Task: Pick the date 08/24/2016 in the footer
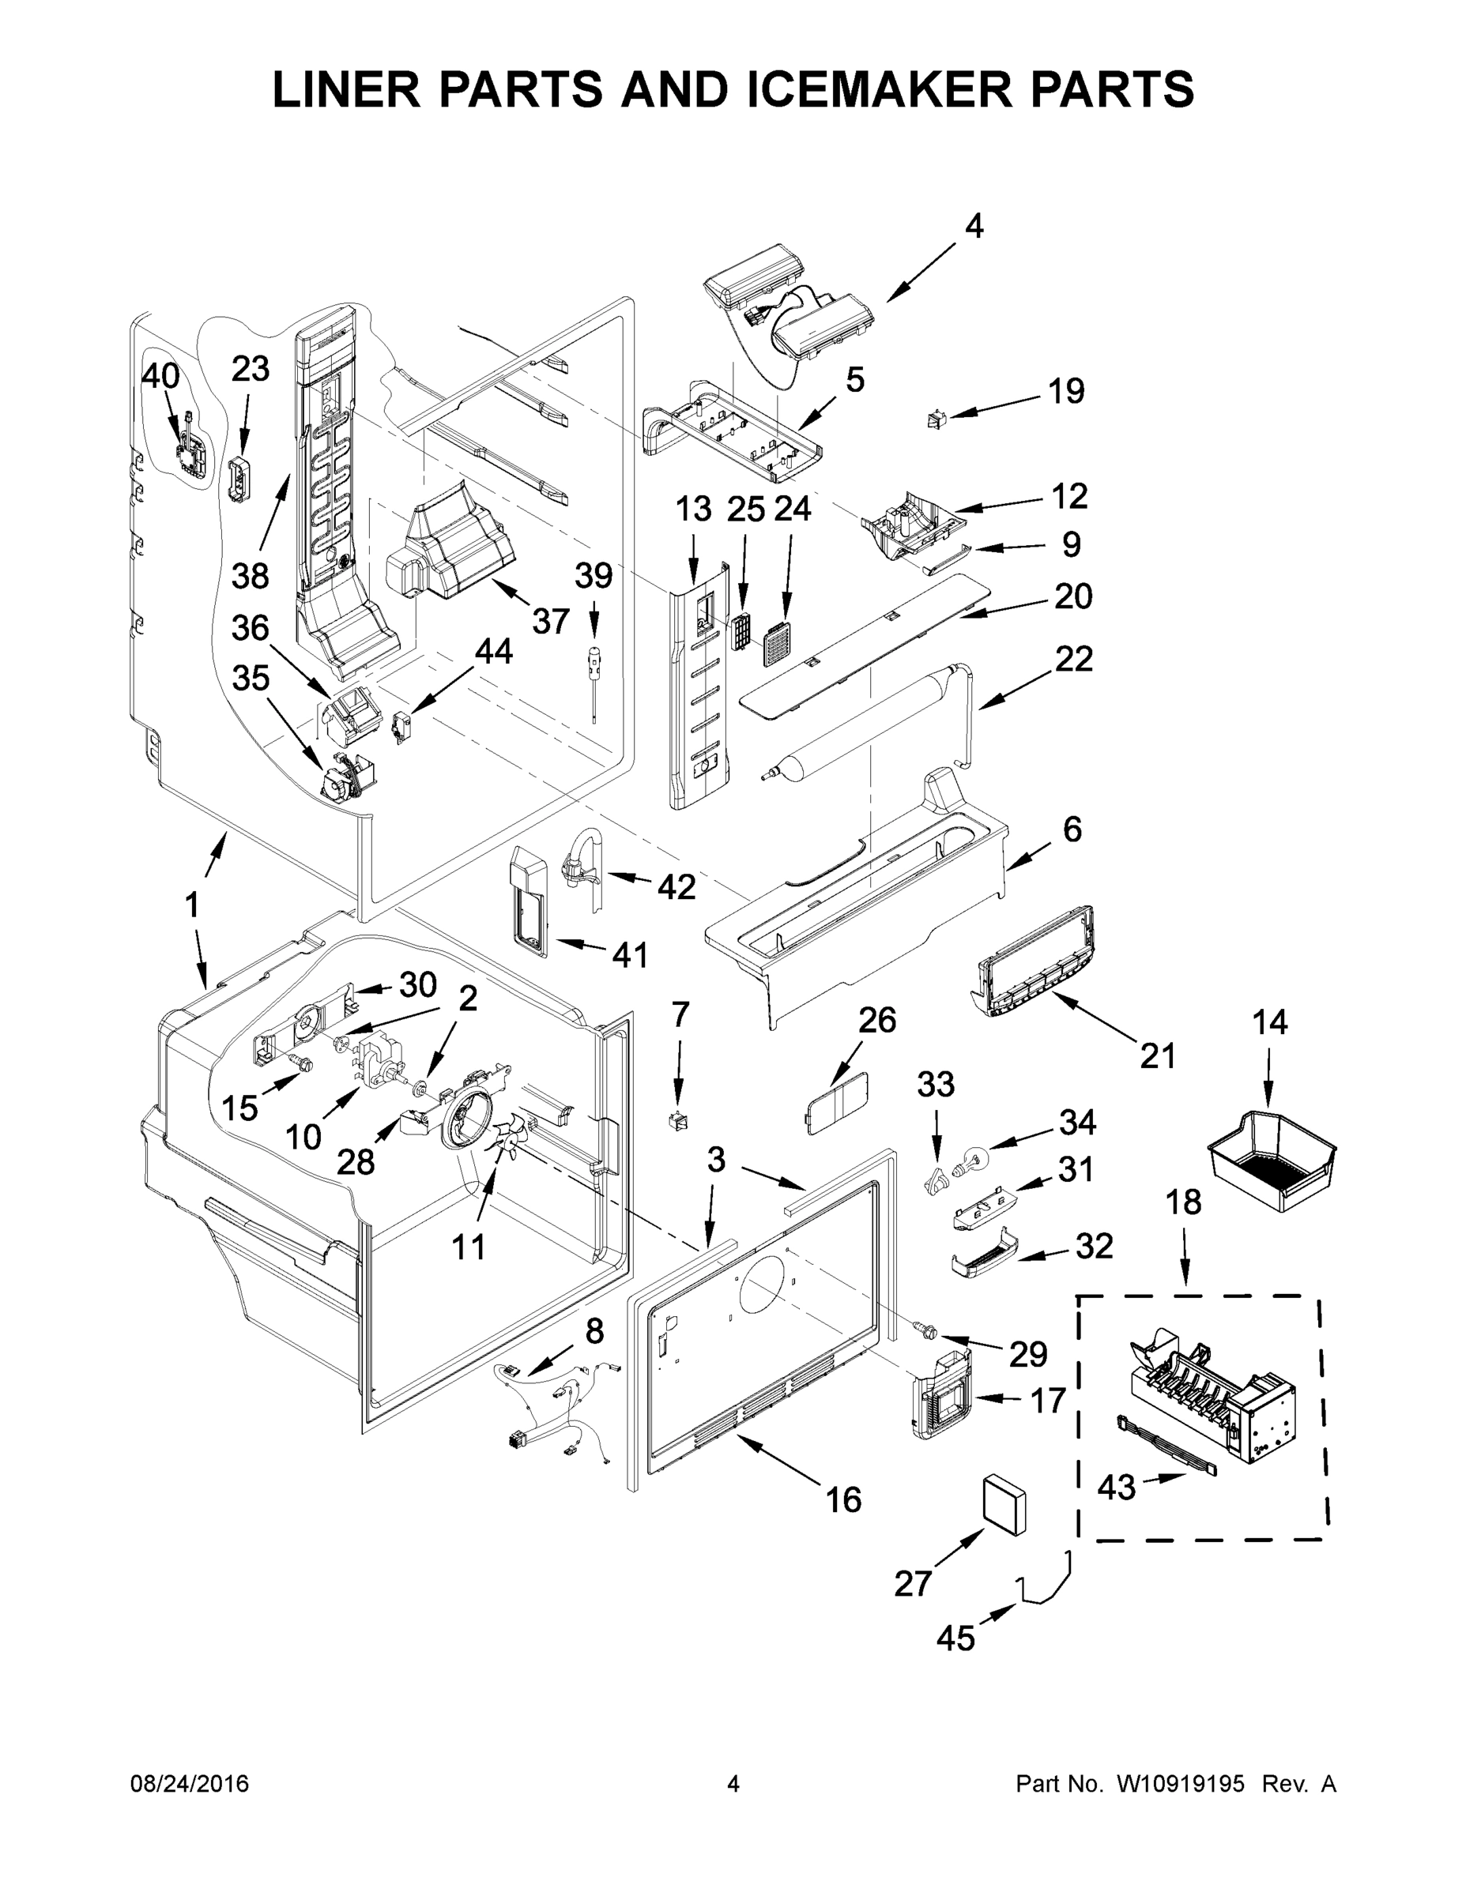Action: (190, 1783)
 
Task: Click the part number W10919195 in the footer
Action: (1180, 1783)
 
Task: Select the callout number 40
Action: (160, 377)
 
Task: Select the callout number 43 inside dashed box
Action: (1116, 1487)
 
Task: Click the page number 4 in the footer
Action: (733, 1783)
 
